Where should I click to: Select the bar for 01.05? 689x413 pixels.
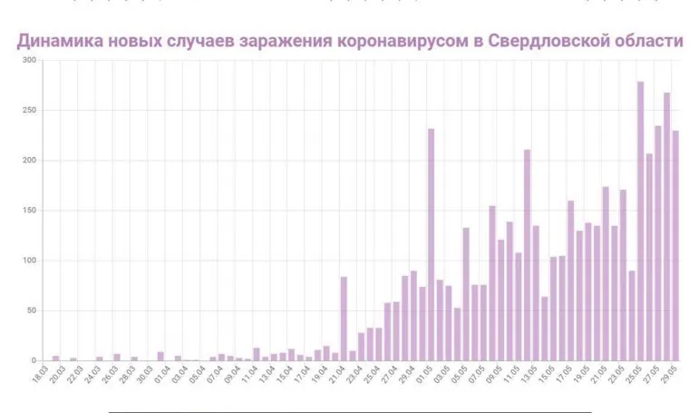(x=431, y=245)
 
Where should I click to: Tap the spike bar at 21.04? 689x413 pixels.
(x=344, y=319)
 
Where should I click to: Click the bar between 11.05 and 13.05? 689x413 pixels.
(x=527, y=255)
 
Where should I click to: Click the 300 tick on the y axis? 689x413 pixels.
(x=29, y=61)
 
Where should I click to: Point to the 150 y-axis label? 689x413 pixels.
(x=29, y=211)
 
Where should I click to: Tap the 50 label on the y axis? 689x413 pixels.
(x=31, y=310)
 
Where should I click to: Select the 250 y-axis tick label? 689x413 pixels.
(x=29, y=111)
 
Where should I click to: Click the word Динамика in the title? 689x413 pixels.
(x=58, y=42)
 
